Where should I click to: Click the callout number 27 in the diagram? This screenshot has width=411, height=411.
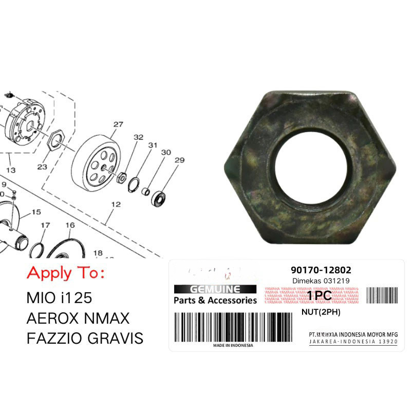point(118,124)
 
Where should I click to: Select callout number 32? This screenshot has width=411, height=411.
point(138,137)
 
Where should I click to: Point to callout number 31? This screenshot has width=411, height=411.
point(152,145)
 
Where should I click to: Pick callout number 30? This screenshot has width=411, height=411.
point(165,153)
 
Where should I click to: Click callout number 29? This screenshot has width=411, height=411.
point(179,160)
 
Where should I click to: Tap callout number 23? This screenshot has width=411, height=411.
point(42,166)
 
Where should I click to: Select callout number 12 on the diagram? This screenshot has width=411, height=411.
point(116,204)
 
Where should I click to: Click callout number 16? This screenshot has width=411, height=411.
point(70,225)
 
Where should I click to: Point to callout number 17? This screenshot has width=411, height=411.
point(45,225)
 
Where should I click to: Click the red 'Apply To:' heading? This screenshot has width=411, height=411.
point(65,272)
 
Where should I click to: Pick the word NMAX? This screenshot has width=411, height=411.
point(109,318)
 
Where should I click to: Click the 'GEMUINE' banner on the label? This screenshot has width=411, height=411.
point(215,289)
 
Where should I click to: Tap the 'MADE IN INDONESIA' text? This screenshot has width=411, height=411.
point(233,345)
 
